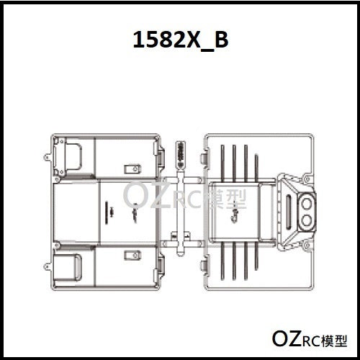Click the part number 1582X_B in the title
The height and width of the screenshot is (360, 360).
(x=181, y=40)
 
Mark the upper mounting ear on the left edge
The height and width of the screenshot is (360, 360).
(x=47, y=156)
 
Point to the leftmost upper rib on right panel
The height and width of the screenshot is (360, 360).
(x=222, y=162)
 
